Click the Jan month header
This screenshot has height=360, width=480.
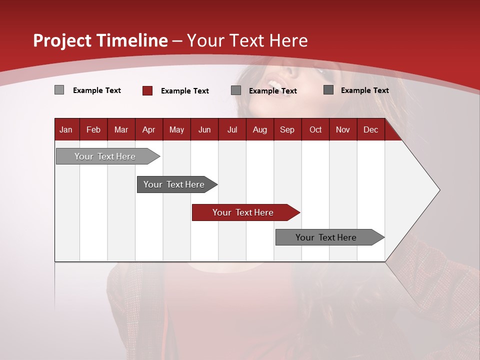pos(66,129)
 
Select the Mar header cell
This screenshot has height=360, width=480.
pos(121,129)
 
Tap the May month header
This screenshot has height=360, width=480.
pos(176,129)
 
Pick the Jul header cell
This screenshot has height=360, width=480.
pos(232,129)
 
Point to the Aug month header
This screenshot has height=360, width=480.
pos(259,129)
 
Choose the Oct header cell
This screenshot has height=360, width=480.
pos(315,129)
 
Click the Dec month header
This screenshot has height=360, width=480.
pos(370,129)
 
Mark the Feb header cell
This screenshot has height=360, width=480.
pos(93,129)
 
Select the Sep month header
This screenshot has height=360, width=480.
pos(287,129)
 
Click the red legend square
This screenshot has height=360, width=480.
pos(147,90)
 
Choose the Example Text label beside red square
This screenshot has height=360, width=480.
pos(184,91)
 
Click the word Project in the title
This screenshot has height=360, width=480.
pos(62,40)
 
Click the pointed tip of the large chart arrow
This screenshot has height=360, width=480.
pos(438,190)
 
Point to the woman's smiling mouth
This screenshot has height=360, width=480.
pos(274,82)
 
